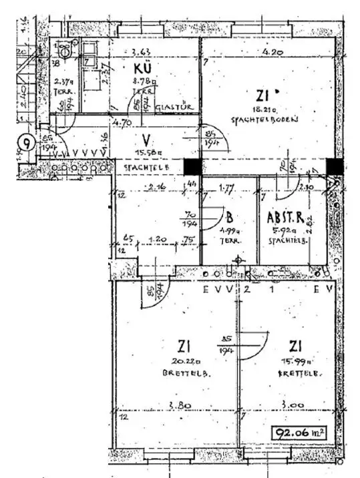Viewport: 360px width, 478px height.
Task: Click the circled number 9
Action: tap(26, 142)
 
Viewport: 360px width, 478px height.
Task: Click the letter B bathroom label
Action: tap(228, 217)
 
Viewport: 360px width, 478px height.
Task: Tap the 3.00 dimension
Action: tap(292, 405)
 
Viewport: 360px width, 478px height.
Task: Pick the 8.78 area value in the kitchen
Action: tap(143, 80)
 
